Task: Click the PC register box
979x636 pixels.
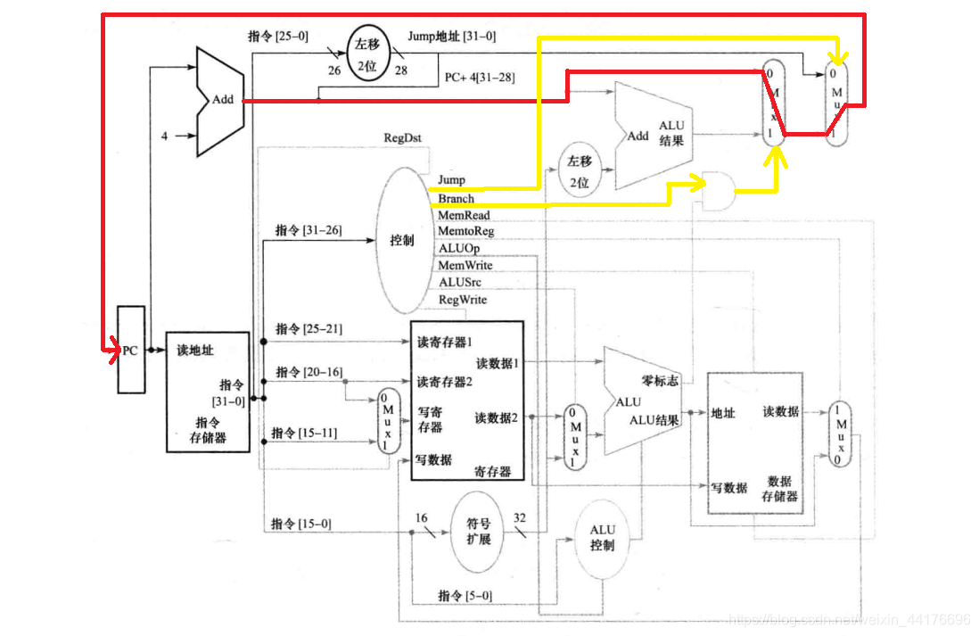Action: (130, 350)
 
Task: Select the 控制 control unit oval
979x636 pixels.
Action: (401, 241)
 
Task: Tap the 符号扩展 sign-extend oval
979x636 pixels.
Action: (473, 532)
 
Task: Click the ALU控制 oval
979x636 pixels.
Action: (602, 537)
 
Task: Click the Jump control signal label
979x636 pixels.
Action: (451, 180)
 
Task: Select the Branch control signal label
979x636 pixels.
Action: (456, 199)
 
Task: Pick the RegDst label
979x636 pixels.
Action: (403, 138)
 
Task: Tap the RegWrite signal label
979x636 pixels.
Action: (463, 300)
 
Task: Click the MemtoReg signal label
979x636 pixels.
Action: (465, 232)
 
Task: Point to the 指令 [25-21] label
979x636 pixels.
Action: (309, 329)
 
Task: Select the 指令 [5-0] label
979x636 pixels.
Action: (465, 595)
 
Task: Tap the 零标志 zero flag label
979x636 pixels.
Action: (660, 381)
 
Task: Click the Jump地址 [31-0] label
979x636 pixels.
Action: (451, 37)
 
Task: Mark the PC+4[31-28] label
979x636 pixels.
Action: (479, 78)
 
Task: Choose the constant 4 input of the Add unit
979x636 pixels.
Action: (164, 136)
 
